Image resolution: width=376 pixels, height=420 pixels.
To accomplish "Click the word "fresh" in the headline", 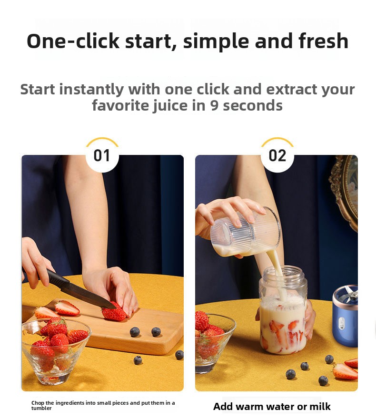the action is click(323, 41).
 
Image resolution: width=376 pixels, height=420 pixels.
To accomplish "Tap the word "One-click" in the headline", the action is click(73, 41).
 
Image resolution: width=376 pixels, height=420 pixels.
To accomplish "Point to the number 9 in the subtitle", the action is click(215, 105).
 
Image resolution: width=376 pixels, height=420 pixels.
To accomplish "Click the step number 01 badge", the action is click(102, 155).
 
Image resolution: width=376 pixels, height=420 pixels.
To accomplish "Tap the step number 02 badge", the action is click(277, 155).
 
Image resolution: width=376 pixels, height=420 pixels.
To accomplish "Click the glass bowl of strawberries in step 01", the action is click(56, 351).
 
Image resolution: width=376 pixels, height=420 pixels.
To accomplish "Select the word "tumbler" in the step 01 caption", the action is click(41, 409).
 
